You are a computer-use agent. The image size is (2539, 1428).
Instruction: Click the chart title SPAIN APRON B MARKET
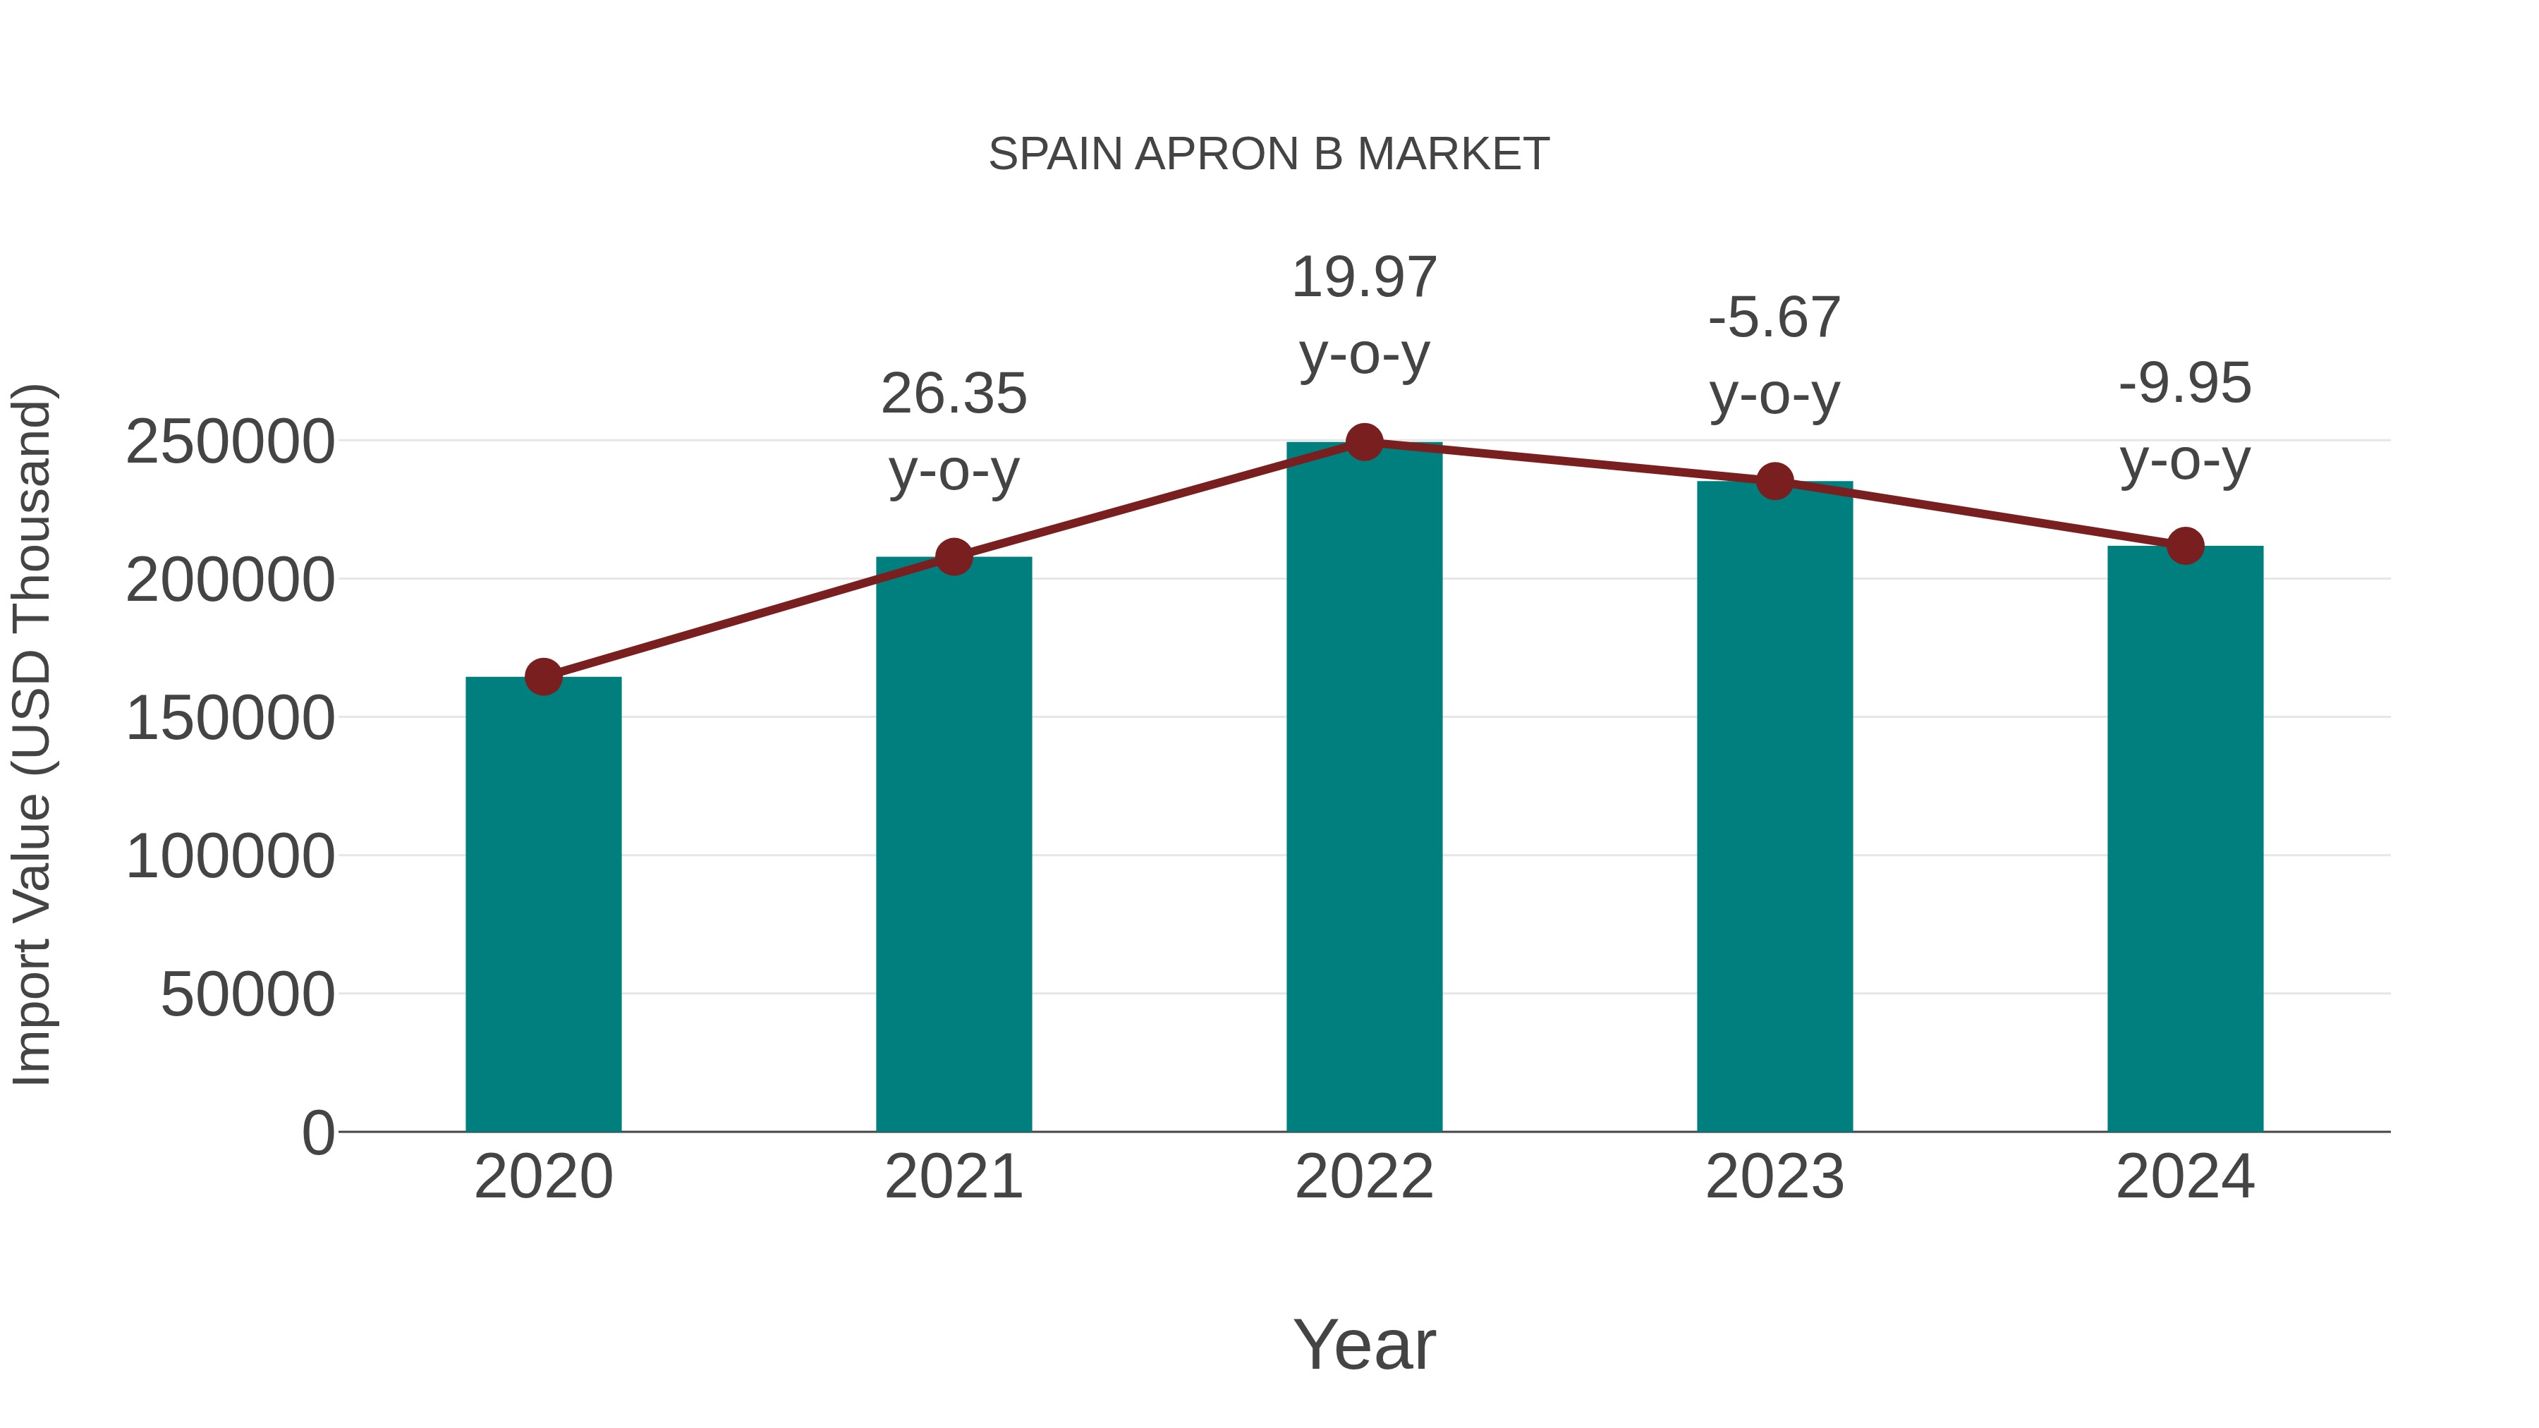point(1269,154)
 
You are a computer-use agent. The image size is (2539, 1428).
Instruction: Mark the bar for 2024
point(2185,838)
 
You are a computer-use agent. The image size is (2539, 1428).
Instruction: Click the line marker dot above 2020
point(543,677)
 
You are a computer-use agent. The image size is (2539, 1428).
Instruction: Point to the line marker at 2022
point(1364,442)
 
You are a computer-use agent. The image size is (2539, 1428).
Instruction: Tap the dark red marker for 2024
point(2185,545)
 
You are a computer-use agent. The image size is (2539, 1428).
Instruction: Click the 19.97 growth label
point(1364,278)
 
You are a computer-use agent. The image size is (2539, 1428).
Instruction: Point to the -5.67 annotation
point(1774,318)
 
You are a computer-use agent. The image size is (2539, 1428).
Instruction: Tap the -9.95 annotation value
point(2185,384)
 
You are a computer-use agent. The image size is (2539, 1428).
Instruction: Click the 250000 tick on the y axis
point(230,441)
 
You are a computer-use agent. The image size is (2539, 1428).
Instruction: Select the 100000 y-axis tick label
point(230,855)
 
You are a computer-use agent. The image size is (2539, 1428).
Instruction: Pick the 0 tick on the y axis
point(317,1133)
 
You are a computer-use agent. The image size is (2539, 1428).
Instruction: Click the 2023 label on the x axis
point(1774,1177)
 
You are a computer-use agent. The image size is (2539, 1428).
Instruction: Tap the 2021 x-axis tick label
point(953,1177)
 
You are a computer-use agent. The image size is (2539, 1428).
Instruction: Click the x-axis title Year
point(1364,1344)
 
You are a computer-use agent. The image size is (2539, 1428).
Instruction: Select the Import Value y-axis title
point(32,734)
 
